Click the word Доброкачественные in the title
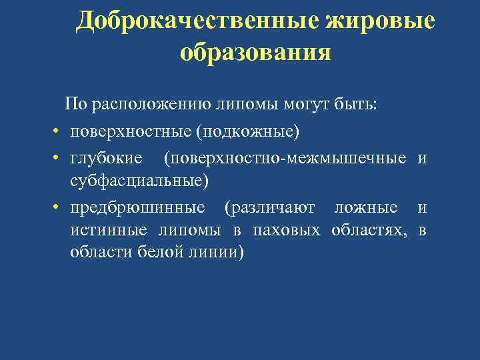(197, 21)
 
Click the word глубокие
(106, 159)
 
